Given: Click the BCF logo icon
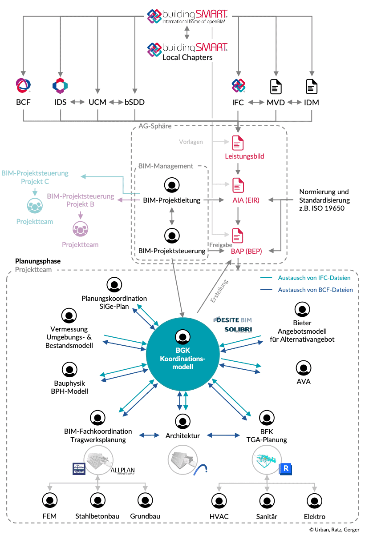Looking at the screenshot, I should (23, 85).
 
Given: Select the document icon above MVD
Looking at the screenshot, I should (276, 86).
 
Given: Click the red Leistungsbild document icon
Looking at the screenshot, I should (238, 142).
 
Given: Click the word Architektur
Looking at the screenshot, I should (182, 435).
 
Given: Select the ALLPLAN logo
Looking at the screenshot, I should (122, 470).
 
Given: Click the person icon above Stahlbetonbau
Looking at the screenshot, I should (97, 499).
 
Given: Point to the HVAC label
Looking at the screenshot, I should (219, 517).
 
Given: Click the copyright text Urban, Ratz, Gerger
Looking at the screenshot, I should (337, 530).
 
